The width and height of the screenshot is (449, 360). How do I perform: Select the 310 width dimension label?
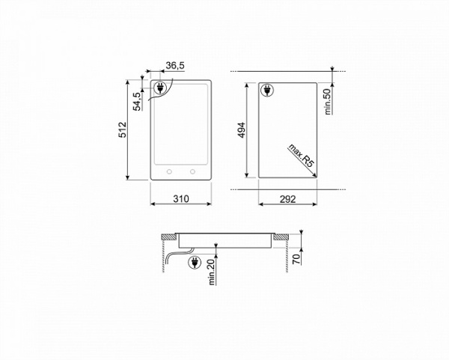[x=180, y=199]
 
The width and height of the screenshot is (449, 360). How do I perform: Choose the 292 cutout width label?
[x=288, y=199]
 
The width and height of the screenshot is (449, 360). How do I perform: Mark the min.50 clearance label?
[x=328, y=100]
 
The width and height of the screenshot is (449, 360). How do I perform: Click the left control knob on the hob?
[x=168, y=171]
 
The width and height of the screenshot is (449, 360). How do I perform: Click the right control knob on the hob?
[x=194, y=171]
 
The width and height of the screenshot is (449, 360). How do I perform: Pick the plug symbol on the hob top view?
[x=160, y=89]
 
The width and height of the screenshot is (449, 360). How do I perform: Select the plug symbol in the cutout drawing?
[x=266, y=91]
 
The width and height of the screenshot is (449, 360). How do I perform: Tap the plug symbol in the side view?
[x=195, y=263]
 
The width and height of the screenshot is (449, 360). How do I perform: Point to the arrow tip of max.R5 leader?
[x=316, y=174]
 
